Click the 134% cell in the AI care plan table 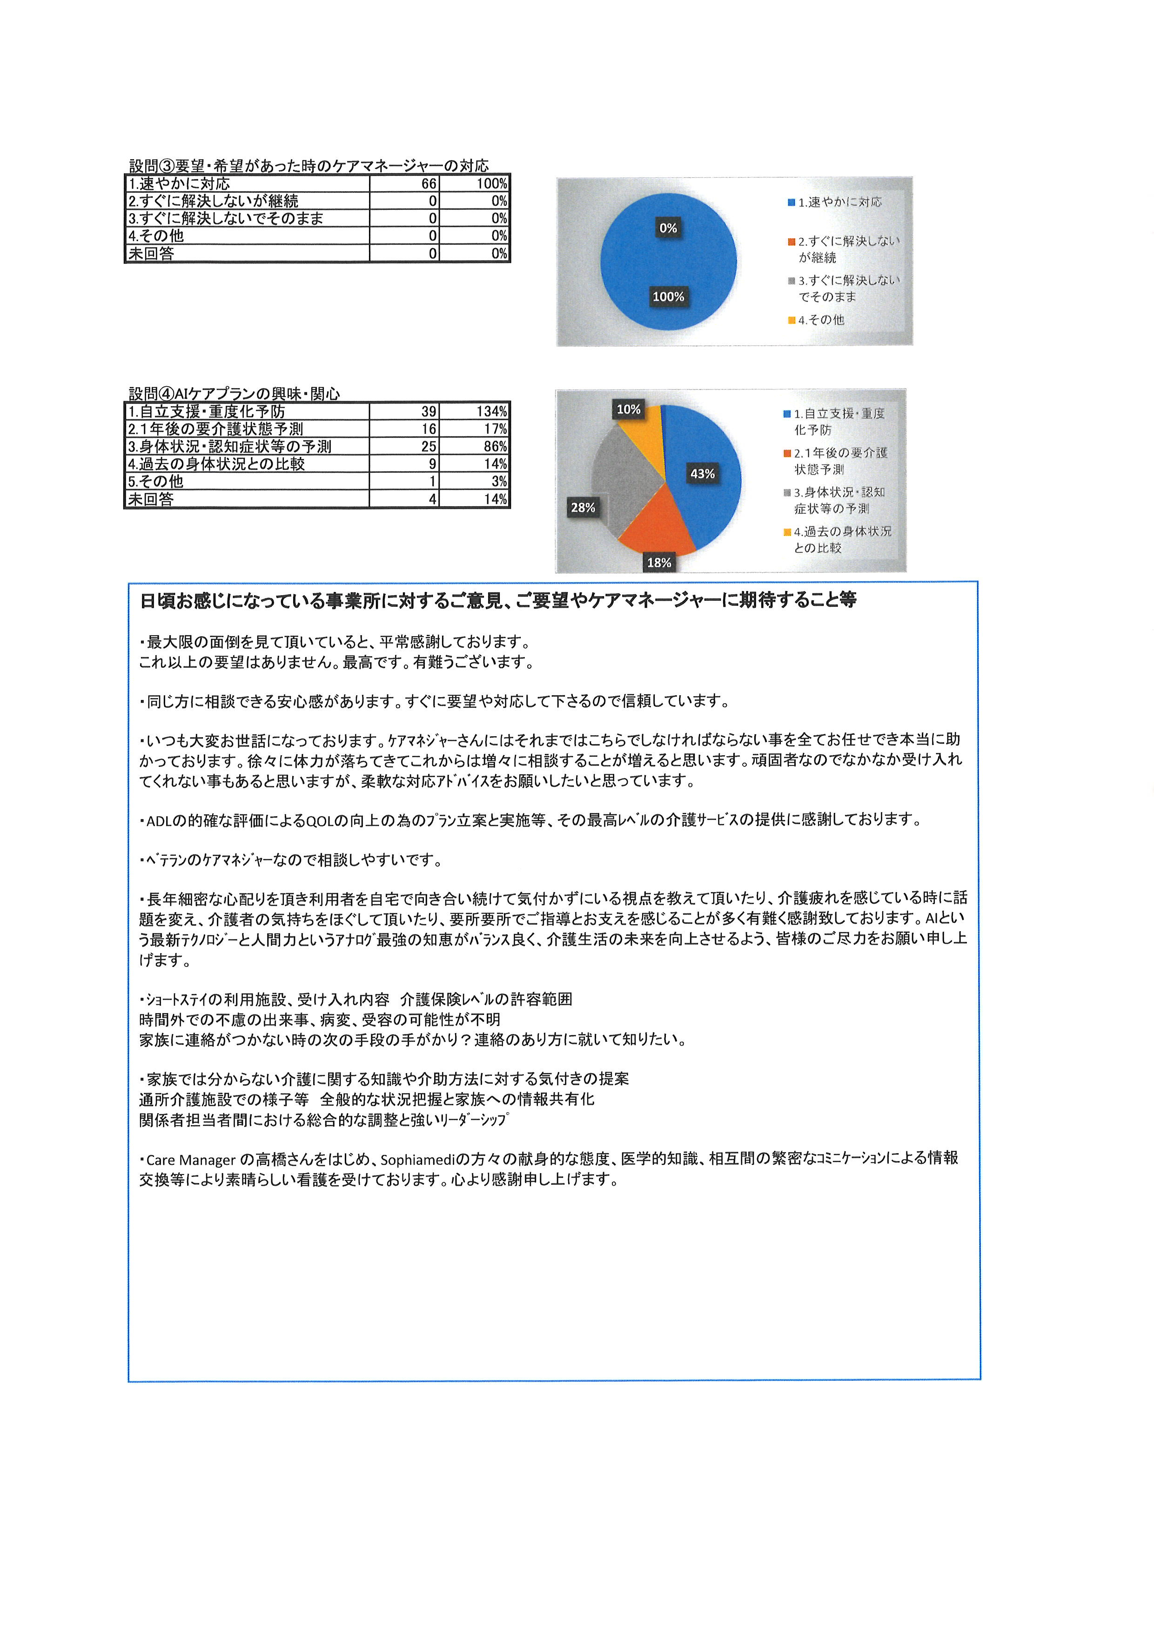(491, 411)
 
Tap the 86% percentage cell (495, 446)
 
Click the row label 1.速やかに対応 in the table (179, 183)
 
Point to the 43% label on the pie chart (702, 473)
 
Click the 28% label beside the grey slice (583, 508)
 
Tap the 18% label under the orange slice (659, 562)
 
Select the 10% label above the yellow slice (628, 410)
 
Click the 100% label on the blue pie (668, 296)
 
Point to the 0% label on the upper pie (668, 228)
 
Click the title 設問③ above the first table (309, 166)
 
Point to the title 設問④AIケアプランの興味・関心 (235, 394)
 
